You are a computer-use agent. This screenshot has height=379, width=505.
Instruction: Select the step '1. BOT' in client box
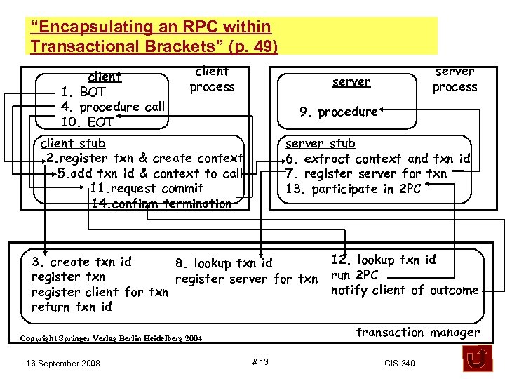pyautogui.click(x=83, y=92)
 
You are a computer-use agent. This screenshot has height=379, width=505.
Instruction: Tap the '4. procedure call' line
pyautogui.click(x=113, y=107)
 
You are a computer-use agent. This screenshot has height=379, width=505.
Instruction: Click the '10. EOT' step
pyautogui.click(x=87, y=122)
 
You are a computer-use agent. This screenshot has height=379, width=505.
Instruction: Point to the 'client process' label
pyautogui.click(x=212, y=79)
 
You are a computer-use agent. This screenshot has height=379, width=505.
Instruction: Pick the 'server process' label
pyautogui.click(x=454, y=79)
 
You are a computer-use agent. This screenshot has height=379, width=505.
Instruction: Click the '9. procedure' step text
pyautogui.click(x=338, y=112)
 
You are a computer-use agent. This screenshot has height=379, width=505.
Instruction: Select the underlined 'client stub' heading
pyautogui.click(x=73, y=144)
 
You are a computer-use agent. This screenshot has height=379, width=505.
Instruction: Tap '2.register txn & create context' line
pyautogui.click(x=144, y=159)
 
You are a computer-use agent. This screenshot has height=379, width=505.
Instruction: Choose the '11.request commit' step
pyautogui.click(x=147, y=188)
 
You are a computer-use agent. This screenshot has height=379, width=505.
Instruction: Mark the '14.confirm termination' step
pyautogui.click(x=161, y=204)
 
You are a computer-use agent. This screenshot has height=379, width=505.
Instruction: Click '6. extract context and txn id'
pyautogui.click(x=377, y=159)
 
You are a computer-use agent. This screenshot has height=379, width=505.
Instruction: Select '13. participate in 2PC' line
pyautogui.click(x=353, y=189)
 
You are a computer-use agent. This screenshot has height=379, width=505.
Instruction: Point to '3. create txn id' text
pyautogui.click(x=81, y=262)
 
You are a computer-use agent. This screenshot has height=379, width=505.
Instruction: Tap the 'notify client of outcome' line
pyautogui.click(x=405, y=290)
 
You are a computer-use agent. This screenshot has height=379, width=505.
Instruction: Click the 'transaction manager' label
pyautogui.click(x=418, y=332)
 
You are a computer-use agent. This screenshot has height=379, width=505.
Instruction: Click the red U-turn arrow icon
pyautogui.click(x=477, y=358)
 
